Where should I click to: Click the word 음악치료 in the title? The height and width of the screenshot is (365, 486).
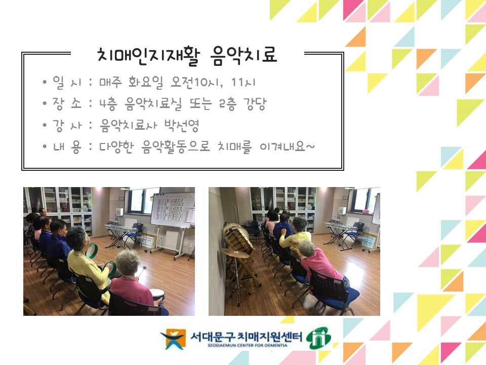pyautogui.click(x=244, y=56)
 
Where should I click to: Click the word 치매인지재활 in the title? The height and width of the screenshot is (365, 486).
pyautogui.click(x=148, y=56)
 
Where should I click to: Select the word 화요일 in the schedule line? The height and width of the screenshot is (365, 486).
pyautogui.click(x=146, y=83)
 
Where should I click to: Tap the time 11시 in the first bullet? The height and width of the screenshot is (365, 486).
pyautogui.click(x=244, y=83)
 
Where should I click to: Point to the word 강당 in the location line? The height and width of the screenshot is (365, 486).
pyautogui.click(x=255, y=104)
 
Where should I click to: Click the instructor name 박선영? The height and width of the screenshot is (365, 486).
pyautogui.click(x=181, y=125)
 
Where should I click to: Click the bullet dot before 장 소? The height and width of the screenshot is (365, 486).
pyautogui.click(x=45, y=103)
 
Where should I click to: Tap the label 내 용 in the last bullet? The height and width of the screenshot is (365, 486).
pyautogui.click(x=67, y=147)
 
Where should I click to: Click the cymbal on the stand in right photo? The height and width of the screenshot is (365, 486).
pyautogui.click(x=234, y=253)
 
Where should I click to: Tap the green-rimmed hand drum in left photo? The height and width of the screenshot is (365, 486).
pyautogui.click(x=92, y=250)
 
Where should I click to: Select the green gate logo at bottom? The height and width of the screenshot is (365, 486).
pyautogui.click(x=318, y=338)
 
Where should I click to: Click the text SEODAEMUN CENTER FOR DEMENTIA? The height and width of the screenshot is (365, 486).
pyautogui.click(x=248, y=345)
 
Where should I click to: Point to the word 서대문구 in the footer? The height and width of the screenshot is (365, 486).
pyautogui.click(x=212, y=337)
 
